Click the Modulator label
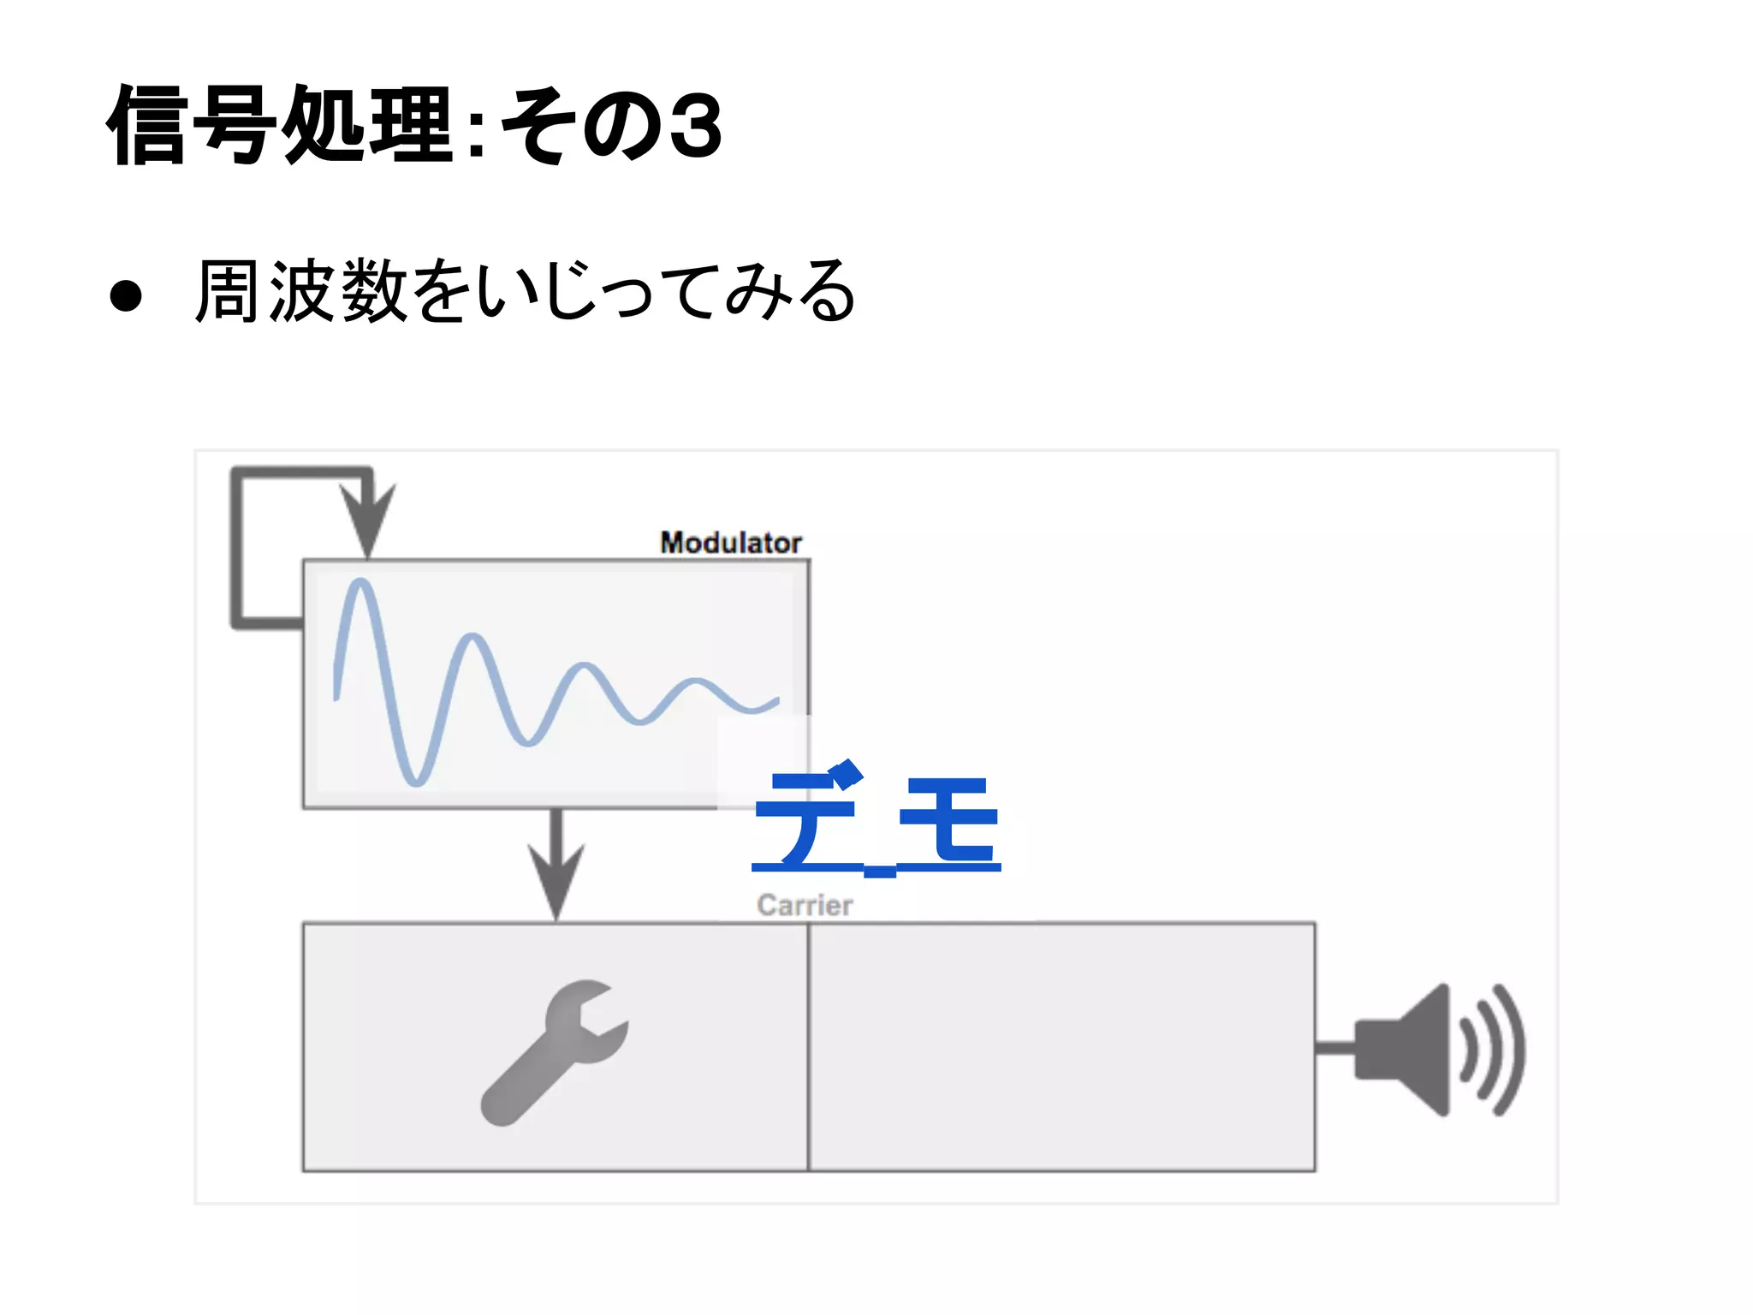coord(730,543)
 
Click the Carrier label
coord(805,905)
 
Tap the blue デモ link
coord(876,819)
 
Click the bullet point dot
coord(126,295)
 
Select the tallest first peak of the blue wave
coord(361,584)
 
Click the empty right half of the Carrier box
coord(1061,1046)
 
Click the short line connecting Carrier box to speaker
coord(1334,1048)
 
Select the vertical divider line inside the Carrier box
coord(808,1046)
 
